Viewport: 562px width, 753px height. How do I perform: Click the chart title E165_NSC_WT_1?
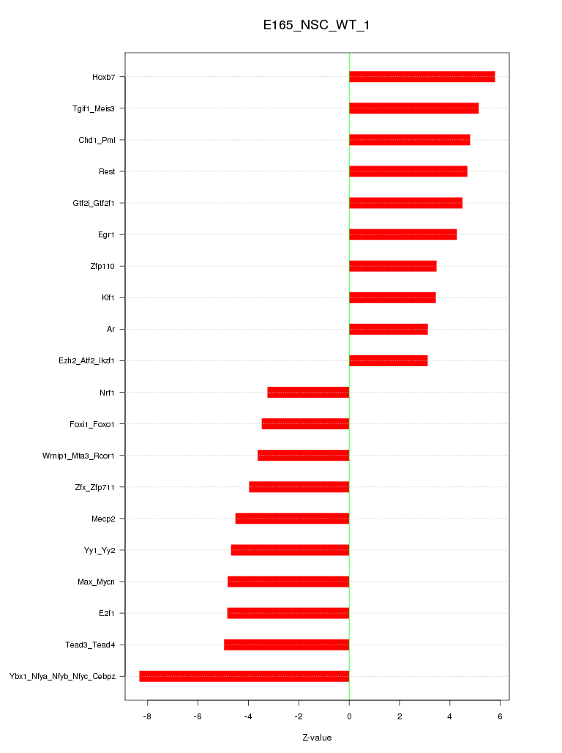[317, 26]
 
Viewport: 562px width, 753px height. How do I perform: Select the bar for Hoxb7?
[421, 77]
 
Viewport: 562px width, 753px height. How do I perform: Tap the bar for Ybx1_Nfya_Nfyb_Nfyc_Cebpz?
[244, 676]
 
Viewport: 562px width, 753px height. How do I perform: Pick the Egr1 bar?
[402, 234]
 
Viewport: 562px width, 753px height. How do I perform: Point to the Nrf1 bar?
[308, 393]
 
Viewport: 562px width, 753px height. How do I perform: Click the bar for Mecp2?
[292, 519]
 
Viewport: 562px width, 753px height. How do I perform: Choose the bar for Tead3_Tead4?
[286, 645]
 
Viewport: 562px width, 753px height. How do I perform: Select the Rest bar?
[408, 171]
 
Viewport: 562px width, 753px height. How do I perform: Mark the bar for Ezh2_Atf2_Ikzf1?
[388, 361]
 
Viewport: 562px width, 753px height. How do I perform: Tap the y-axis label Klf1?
[108, 298]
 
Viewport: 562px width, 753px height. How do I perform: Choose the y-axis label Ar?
[110, 330]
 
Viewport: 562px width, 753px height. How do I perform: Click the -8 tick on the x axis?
[147, 716]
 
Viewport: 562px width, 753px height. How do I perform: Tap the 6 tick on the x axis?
[501, 716]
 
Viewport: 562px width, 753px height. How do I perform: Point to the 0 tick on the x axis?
[349, 716]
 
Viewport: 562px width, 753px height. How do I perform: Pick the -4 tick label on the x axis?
[247, 716]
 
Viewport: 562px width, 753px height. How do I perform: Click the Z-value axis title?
[317, 738]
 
